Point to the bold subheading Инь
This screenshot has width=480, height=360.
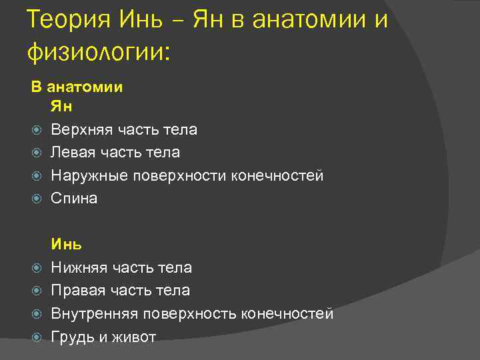tap(66, 245)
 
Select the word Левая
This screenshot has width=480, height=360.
tap(71, 153)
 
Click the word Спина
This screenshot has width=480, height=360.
tap(74, 199)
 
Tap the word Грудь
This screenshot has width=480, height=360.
tap(73, 337)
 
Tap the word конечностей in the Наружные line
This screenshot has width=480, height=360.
tap(277, 176)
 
